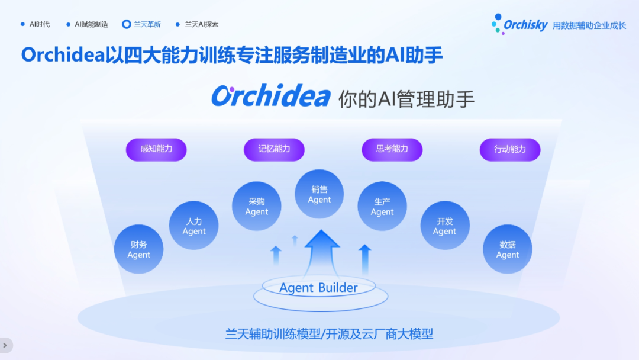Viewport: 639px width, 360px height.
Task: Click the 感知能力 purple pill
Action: tap(156, 150)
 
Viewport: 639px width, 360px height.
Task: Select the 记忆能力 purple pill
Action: tap(274, 150)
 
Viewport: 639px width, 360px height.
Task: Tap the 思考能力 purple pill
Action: tap(392, 150)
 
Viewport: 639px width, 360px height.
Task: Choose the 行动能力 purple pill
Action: tap(510, 150)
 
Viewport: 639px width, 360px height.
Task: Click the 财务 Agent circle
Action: tap(138, 249)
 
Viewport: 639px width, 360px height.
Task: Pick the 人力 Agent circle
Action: tap(193, 226)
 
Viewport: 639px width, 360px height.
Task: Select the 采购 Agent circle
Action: tap(256, 206)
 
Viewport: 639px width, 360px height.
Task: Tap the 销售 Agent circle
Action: tap(319, 194)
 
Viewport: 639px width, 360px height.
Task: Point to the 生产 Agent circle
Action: tap(382, 206)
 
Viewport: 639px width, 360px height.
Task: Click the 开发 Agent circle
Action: tap(444, 226)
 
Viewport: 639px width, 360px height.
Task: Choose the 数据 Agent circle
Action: tap(508, 249)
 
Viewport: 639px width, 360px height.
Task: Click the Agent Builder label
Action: tap(318, 287)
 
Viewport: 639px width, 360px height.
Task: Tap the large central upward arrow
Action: tap(321, 253)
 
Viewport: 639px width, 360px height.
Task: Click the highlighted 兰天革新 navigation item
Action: tap(141, 24)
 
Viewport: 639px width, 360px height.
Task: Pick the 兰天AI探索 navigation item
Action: tap(197, 24)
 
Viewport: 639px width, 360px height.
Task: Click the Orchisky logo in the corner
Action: tap(519, 24)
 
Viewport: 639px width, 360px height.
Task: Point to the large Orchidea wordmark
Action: tap(270, 97)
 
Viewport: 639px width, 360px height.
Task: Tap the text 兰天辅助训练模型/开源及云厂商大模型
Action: tap(329, 334)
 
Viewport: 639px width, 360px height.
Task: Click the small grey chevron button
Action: tap(6, 345)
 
